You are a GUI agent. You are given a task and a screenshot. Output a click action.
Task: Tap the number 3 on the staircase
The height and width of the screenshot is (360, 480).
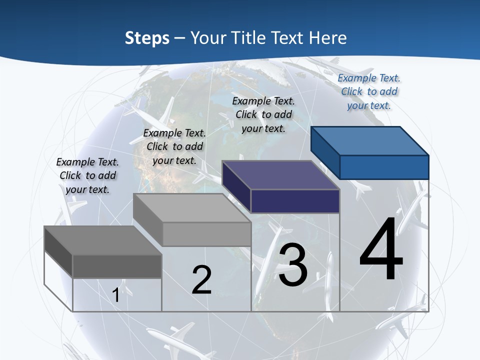point(293,265)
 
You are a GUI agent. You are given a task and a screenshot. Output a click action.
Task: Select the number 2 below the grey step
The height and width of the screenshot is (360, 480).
point(201,280)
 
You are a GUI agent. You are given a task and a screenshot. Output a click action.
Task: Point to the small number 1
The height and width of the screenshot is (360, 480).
point(116,295)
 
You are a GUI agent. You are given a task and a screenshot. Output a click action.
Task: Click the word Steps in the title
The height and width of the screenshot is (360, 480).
point(147,38)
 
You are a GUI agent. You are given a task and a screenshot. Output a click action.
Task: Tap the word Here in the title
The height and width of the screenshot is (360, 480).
point(328,38)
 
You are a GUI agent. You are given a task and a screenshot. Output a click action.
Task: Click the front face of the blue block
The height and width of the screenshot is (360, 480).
point(384,167)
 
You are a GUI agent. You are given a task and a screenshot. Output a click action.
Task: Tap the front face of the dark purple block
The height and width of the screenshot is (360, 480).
point(295,201)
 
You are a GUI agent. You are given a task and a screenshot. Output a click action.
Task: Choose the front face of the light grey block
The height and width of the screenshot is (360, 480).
point(206,234)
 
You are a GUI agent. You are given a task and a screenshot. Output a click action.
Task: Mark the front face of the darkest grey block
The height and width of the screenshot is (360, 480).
point(117,266)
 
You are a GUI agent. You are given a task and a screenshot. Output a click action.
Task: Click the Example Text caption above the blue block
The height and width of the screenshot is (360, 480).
point(369,91)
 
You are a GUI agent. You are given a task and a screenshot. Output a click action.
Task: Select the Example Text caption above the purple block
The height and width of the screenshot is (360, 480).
point(263,114)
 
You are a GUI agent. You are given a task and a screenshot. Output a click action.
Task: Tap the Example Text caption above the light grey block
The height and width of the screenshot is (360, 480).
point(174,146)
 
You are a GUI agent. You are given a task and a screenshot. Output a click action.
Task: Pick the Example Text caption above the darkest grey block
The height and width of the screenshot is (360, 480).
point(87,175)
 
